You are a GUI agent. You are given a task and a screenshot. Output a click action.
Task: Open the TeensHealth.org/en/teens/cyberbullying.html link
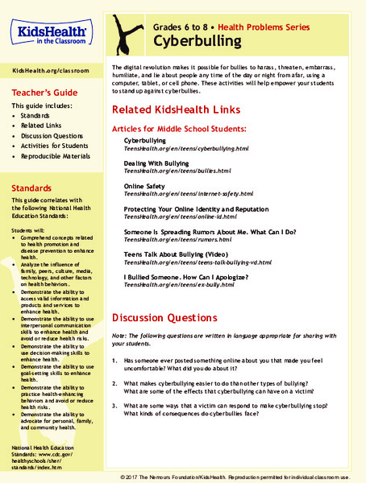181,150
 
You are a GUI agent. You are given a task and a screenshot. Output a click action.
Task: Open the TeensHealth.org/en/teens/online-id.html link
174,217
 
